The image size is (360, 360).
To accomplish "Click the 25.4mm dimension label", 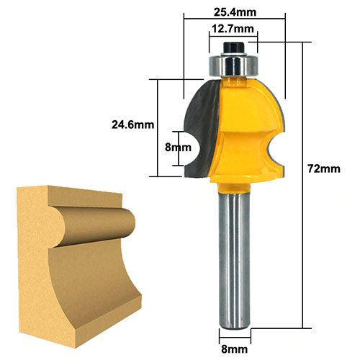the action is pyautogui.click(x=235, y=12).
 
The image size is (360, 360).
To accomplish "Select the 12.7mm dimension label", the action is pyautogui.click(x=233, y=29).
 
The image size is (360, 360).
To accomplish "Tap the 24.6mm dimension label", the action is pyautogui.click(x=132, y=125).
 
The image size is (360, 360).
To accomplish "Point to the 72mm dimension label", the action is pyautogui.click(x=324, y=169).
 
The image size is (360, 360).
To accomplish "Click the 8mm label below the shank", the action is pyautogui.click(x=234, y=349).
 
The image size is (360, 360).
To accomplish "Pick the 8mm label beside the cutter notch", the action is pyautogui.click(x=178, y=148).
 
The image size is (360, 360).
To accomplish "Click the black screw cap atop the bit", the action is pyautogui.click(x=233, y=48).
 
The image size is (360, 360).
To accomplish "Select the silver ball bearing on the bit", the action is pyautogui.click(x=233, y=65).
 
